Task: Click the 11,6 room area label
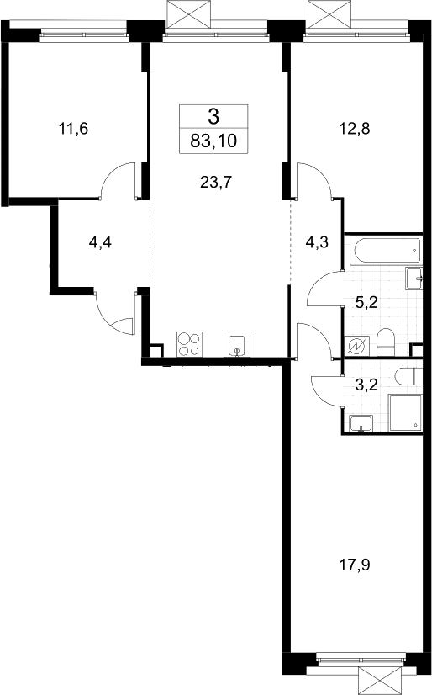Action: pos(73,129)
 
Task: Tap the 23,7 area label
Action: pos(216,182)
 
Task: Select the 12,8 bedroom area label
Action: pos(354,129)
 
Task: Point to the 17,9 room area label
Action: pos(354,565)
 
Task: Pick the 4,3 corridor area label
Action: pos(318,243)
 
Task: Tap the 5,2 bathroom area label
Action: pos(367,302)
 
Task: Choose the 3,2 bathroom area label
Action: pos(366,385)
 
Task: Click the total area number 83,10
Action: pos(213,141)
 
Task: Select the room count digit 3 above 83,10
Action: pos(213,116)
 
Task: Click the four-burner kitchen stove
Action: pos(190,344)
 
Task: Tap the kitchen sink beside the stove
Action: pos(237,344)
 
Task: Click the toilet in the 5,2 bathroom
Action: pos(385,342)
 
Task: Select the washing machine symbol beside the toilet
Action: pos(357,346)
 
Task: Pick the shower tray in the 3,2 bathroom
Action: pos(405,413)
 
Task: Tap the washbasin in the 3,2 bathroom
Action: pos(361,424)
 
